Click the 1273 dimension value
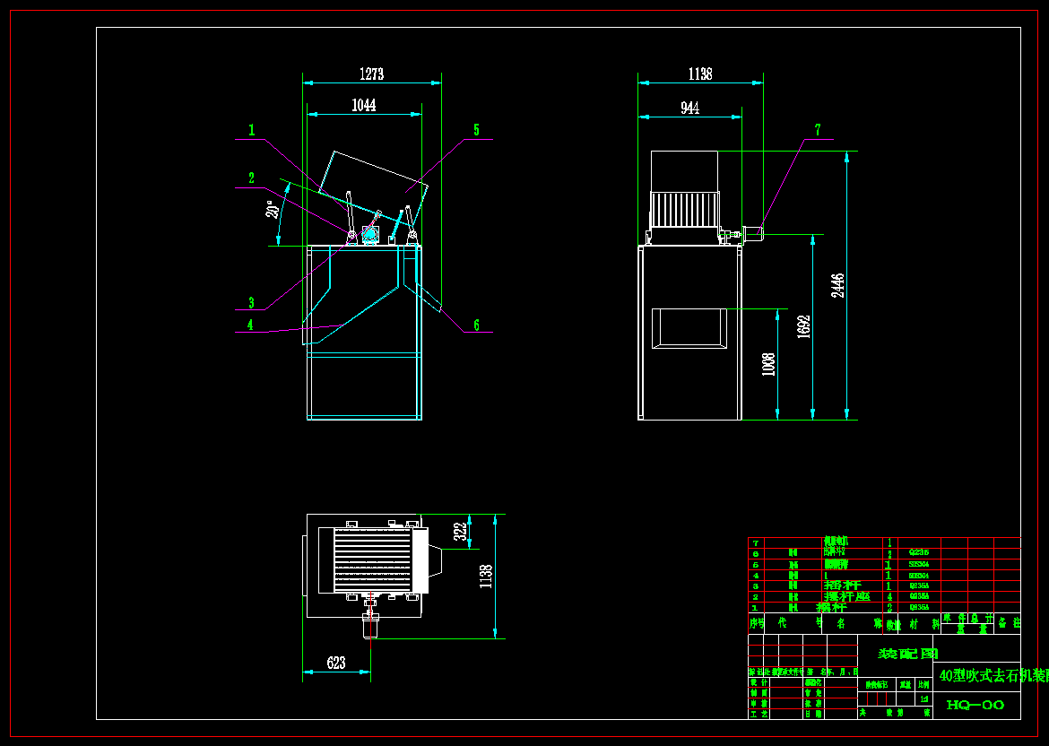click(371, 74)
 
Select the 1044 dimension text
click(363, 106)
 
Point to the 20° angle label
click(270, 210)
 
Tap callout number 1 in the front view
click(252, 131)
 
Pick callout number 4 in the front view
click(251, 325)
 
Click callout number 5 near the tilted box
click(476, 131)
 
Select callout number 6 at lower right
click(476, 325)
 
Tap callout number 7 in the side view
click(817, 131)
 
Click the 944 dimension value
click(689, 108)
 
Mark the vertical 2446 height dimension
click(837, 285)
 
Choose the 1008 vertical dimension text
click(768, 364)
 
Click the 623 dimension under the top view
click(336, 664)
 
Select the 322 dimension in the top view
click(460, 532)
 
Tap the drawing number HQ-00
click(975, 706)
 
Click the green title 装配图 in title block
click(907, 654)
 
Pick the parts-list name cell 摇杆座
click(846, 596)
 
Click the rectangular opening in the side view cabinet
click(689, 327)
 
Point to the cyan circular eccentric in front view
click(369, 234)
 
